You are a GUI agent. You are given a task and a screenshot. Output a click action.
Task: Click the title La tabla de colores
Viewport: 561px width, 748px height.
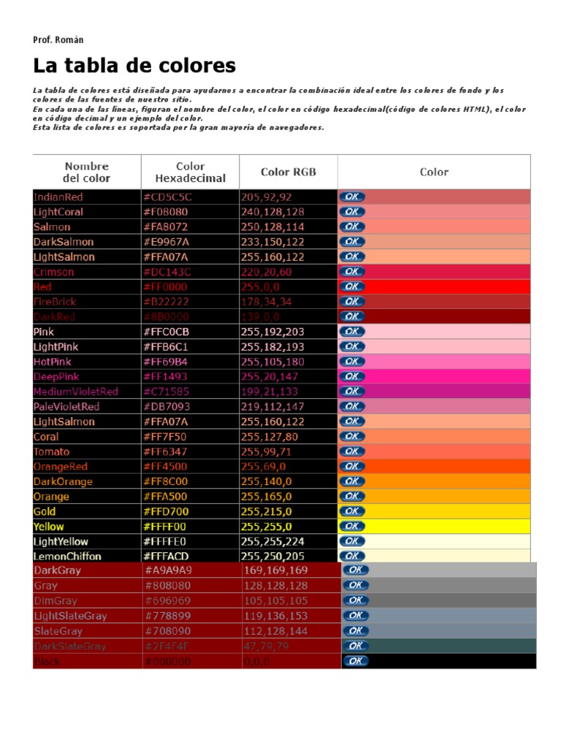tap(134, 66)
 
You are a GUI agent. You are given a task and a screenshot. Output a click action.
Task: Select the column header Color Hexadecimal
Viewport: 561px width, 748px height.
tap(190, 172)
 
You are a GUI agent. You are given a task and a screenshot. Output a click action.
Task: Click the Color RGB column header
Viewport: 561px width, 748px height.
tap(289, 172)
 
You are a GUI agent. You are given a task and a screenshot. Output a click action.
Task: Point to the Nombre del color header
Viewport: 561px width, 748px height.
tap(87, 172)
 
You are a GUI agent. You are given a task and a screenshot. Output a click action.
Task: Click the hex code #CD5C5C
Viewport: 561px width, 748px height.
tap(167, 197)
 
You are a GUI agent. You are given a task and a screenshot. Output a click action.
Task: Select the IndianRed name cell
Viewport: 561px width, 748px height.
tap(58, 197)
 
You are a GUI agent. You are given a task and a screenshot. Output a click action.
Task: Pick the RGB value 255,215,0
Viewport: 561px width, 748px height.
tap(267, 511)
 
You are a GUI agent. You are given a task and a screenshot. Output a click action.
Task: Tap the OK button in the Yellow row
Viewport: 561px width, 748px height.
tap(352, 526)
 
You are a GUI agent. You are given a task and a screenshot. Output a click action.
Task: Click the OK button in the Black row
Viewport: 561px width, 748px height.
tap(355, 661)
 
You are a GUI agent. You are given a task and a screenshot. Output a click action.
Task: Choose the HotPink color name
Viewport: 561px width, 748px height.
tap(53, 362)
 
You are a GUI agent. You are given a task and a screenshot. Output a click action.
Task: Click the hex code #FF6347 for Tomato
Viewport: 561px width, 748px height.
tap(166, 451)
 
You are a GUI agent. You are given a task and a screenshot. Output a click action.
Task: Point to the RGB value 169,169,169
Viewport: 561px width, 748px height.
tap(276, 570)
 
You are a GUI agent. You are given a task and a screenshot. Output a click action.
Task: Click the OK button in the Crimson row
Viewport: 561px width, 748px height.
tap(352, 272)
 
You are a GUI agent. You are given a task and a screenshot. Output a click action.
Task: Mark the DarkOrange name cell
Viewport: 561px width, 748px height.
tap(63, 481)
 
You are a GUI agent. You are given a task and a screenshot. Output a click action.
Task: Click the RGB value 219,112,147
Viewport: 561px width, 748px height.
tap(272, 406)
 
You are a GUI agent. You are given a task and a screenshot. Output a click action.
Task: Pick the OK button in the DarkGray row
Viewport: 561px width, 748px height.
tap(355, 570)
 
